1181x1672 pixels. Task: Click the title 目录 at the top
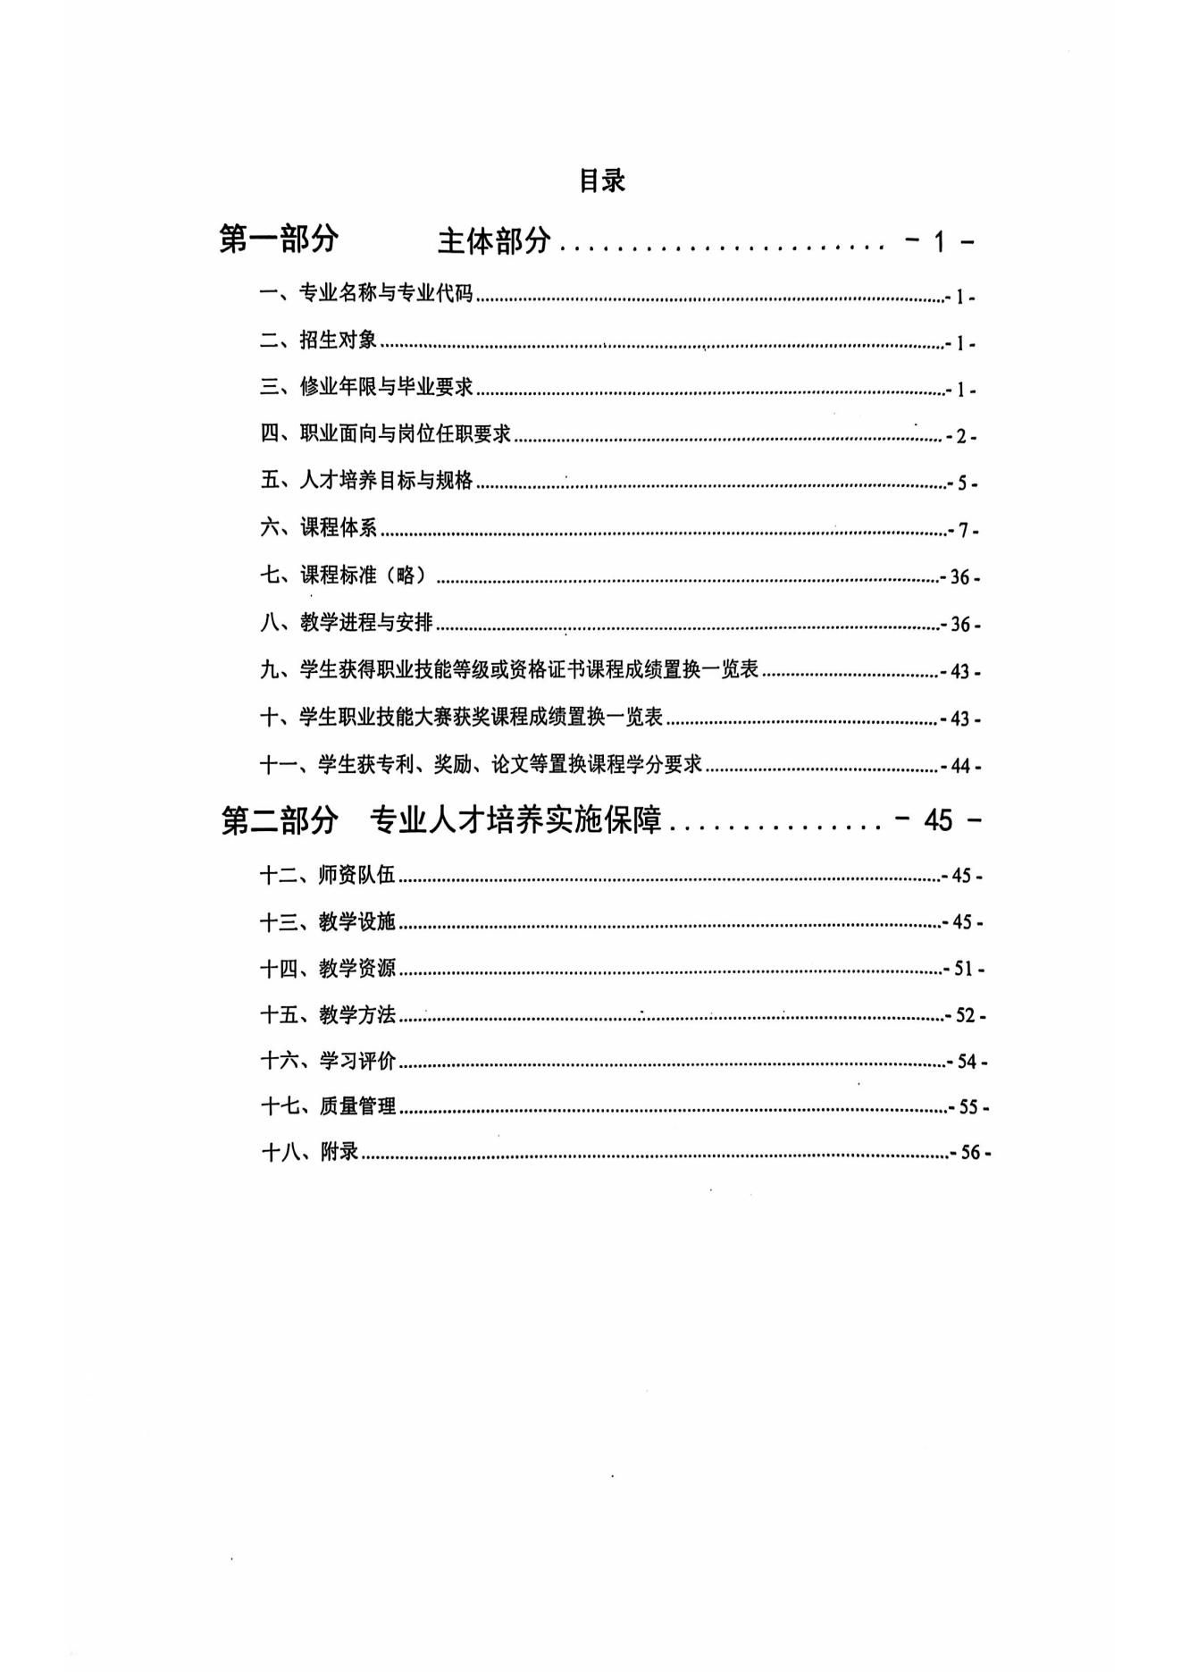(x=602, y=181)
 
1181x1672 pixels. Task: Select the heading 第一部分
(x=280, y=239)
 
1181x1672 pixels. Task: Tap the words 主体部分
(x=494, y=240)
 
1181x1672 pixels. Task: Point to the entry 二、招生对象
(x=319, y=340)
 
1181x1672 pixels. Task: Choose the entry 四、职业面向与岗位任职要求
(x=386, y=434)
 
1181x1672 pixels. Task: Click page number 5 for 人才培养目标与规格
(x=962, y=483)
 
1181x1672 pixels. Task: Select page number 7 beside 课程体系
(x=964, y=531)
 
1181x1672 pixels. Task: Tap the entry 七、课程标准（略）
(x=344, y=576)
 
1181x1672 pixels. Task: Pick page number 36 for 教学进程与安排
(x=960, y=625)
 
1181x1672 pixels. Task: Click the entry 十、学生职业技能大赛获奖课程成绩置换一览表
(x=462, y=717)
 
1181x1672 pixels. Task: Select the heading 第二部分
(x=280, y=819)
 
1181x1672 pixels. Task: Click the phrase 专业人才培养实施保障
(x=515, y=819)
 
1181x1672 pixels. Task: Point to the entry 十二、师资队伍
(x=328, y=875)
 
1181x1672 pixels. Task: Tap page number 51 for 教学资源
(x=965, y=969)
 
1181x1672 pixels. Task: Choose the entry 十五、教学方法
(x=328, y=1014)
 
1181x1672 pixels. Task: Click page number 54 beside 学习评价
(x=967, y=1062)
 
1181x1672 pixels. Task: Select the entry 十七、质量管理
(x=328, y=1106)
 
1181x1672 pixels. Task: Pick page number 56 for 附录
(x=970, y=1153)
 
